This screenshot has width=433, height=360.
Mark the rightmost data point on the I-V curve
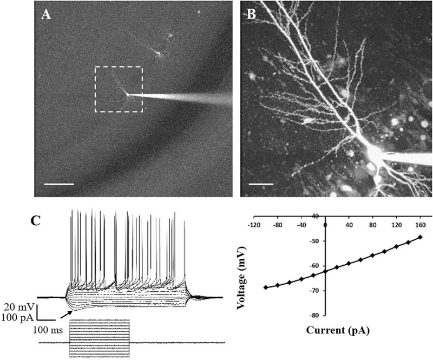(x=420, y=237)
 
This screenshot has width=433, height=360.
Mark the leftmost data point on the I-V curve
(x=265, y=287)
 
